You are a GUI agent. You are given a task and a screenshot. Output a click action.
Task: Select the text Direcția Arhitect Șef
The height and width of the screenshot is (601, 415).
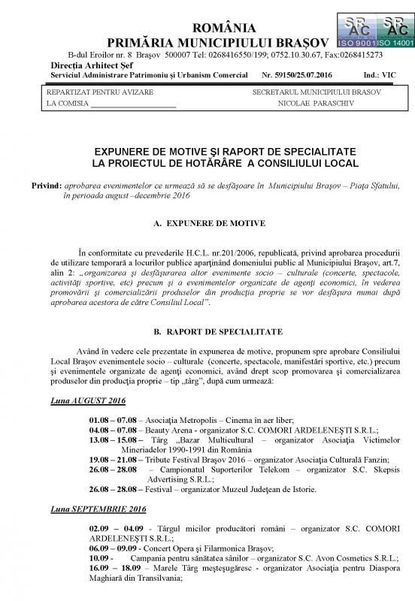click(x=82, y=66)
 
